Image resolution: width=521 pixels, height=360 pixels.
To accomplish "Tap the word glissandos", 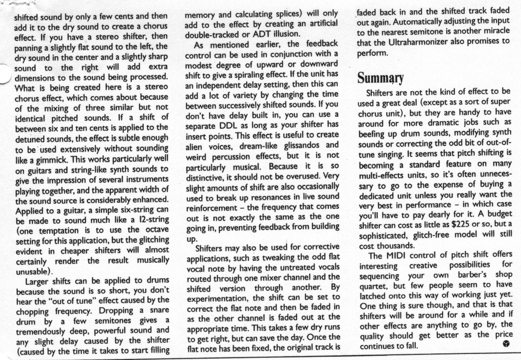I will click(x=296, y=146).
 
